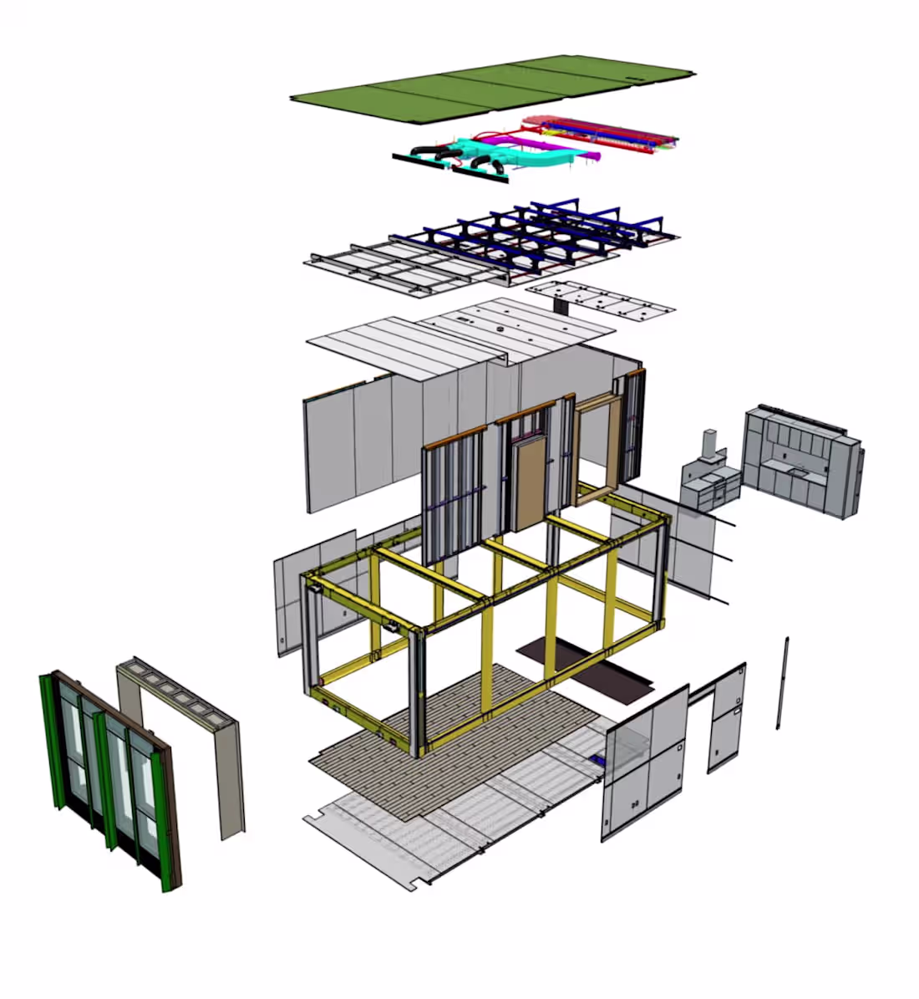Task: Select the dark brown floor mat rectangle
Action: point(585,665)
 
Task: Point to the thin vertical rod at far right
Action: point(782,681)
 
